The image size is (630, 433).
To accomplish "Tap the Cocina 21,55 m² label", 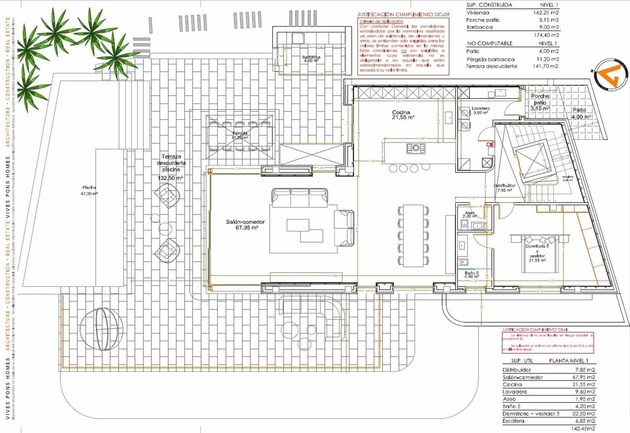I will [x=403, y=115].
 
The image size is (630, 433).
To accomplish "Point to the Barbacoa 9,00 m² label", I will [x=311, y=59].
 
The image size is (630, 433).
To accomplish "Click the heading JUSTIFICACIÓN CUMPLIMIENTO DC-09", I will [x=403, y=14].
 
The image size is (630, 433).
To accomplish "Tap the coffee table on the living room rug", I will [x=304, y=230].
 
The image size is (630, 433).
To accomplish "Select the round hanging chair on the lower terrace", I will [x=101, y=328].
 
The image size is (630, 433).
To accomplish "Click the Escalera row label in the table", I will [x=514, y=421].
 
